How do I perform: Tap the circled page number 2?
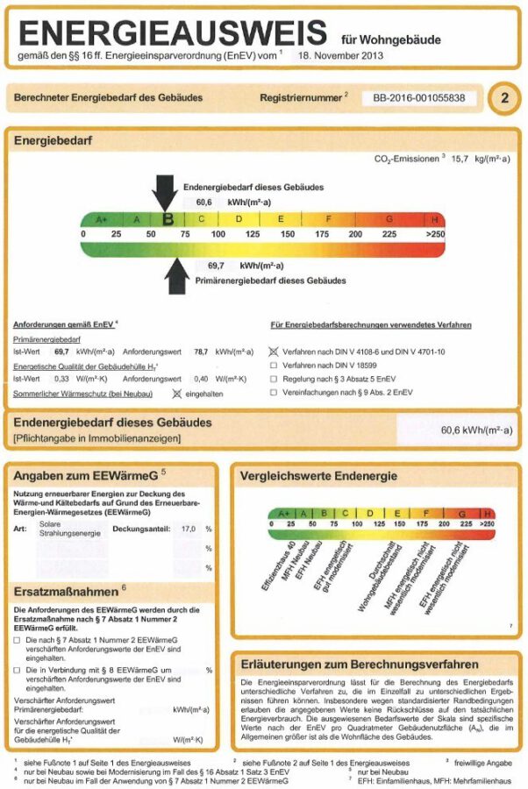(503, 98)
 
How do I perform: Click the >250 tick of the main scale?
(435, 235)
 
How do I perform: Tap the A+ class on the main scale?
(101, 219)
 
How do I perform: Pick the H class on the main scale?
(435, 219)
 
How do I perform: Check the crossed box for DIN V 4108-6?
(274, 351)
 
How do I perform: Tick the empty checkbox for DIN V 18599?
(274, 366)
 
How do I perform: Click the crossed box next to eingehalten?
(176, 394)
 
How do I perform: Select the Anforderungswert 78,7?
(201, 351)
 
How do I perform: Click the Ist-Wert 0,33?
(62, 379)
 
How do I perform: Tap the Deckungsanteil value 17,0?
(188, 530)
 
